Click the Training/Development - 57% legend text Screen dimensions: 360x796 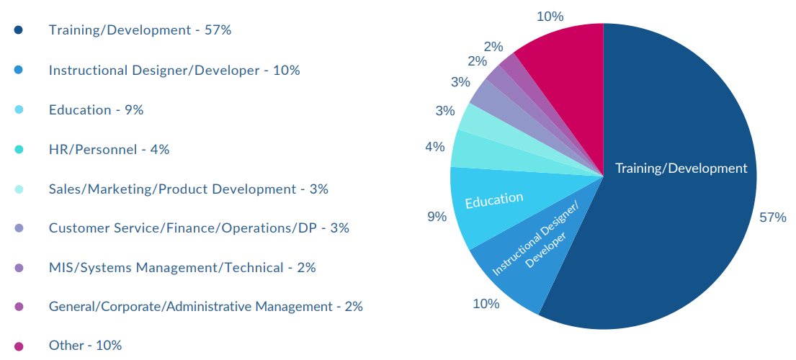pos(140,30)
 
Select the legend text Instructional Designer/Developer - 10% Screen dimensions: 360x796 pos(174,71)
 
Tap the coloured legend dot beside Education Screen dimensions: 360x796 pos(19,110)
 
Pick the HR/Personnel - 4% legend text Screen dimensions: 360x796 pos(109,150)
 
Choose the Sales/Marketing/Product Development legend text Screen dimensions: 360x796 pos(188,189)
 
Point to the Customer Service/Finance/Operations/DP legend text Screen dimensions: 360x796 pos(199,228)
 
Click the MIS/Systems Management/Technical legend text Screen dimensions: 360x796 pos(182,268)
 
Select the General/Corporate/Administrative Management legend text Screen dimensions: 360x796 pos(205,307)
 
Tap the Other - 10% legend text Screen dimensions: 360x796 pos(85,346)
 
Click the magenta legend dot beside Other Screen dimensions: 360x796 pos(19,346)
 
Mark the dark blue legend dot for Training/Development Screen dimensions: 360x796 pos(19,30)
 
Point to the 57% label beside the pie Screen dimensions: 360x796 pos(773,217)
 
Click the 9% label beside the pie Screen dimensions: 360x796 pos(437,216)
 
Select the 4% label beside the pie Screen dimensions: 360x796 pos(434,147)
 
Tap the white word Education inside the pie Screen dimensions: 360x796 pos(494,200)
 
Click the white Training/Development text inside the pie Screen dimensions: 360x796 pos(681,168)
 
